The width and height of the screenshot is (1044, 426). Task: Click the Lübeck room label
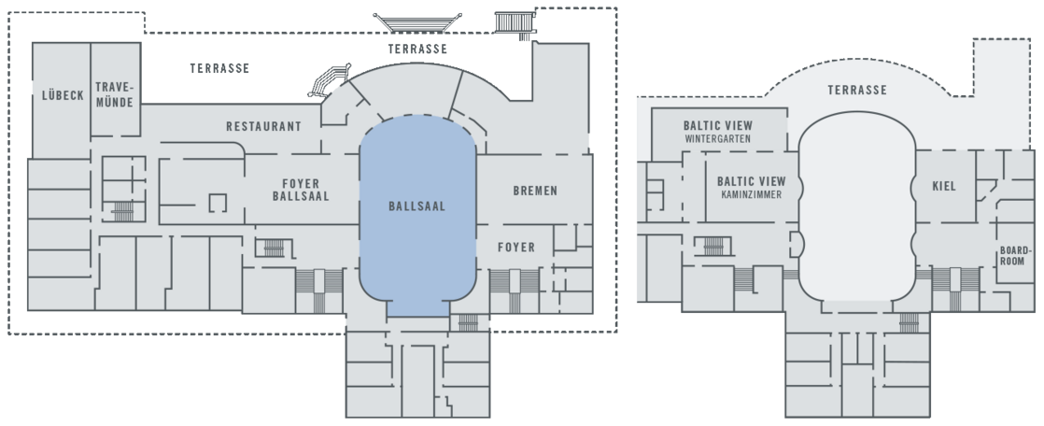63,95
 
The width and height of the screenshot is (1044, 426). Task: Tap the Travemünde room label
115,95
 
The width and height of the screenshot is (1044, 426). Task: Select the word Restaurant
263,126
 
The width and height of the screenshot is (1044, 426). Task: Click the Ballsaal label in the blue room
416,206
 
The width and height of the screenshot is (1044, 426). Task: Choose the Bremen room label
535,191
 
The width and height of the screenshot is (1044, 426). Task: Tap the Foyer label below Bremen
515,248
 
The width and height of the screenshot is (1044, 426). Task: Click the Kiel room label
944,186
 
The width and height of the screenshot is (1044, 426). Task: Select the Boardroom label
1014,256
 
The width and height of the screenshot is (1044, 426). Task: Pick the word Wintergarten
717,139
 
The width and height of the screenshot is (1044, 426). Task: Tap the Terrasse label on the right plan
856,91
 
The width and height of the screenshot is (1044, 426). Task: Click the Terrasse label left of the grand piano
219,69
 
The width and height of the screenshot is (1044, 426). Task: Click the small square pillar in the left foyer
219,202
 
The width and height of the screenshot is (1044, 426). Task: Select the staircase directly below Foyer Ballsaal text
273,248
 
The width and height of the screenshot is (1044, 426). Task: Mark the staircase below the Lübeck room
120,209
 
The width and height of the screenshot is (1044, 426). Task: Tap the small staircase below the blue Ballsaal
469,322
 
